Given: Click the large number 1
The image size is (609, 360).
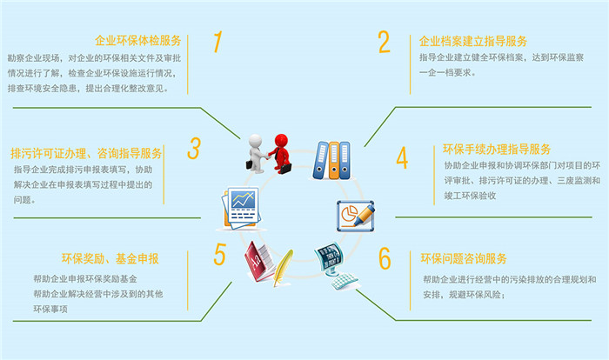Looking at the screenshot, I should pyautogui.click(x=218, y=41).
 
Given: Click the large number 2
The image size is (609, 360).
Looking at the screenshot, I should pyautogui.click(x=384, y=41).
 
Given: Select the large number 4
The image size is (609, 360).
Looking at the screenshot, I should pyautogui.click(x=402, y=157).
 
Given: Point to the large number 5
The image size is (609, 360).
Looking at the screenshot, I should pyautogui.click(x=220, y=254).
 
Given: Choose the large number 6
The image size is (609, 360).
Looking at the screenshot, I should pyautogui.click(x=385, y=258).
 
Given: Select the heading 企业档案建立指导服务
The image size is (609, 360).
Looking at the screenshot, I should pyautogui.click(x=473, y=40).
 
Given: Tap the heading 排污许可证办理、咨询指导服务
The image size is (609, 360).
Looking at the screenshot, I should pyautogui.click(x=87, y=151).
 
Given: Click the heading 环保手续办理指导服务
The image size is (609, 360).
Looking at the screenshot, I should pyautogui.click(x=497, y=149).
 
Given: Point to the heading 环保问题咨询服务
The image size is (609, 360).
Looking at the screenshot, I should pyautogui.click(x=464, y=258).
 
